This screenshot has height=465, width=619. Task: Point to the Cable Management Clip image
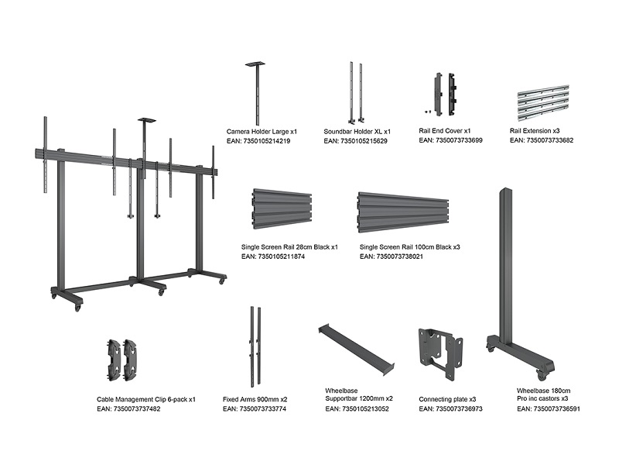point(124,361)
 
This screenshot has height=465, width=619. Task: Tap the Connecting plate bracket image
point(441,353)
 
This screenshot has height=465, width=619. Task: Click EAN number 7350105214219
point(258,142)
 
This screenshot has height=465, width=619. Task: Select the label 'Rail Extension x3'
point(535,131)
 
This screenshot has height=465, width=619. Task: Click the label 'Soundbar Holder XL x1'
point(357,132)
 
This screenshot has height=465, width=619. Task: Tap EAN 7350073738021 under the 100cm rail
point(402,256)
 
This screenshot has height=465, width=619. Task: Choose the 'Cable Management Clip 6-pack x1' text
point(145,399)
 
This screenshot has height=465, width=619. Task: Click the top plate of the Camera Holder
point(255,64)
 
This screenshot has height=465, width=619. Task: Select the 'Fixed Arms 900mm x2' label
point(255,399)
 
